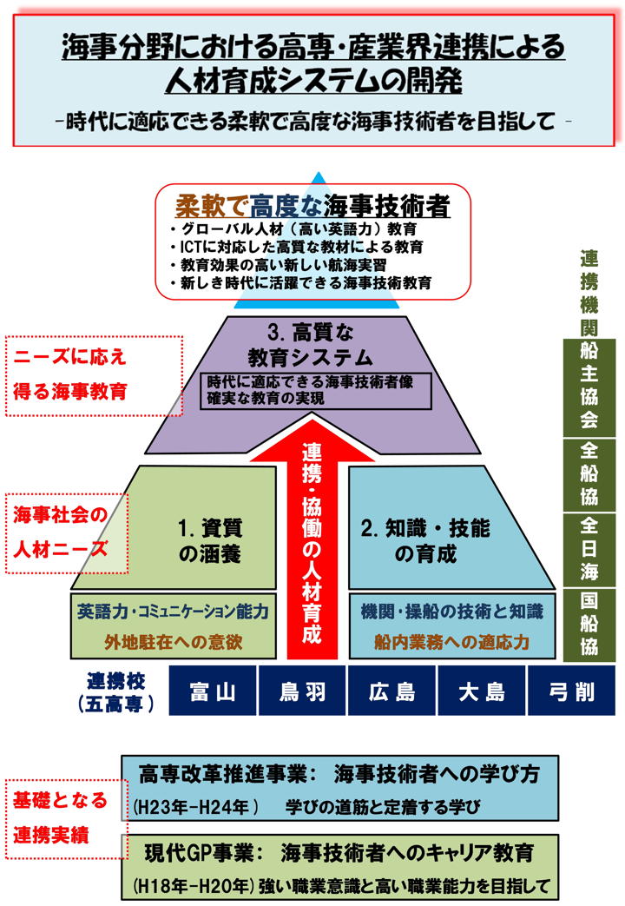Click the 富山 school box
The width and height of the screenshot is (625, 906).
[x=213, y=691]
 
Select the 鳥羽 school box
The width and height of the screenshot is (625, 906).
[x=302, y=691]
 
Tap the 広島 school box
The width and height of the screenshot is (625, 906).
[x=391, y=691]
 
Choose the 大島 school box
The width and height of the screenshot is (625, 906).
[x=482, y=691]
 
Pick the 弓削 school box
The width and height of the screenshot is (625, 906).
[x=572, y=691]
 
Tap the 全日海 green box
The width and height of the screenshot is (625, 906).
[x=589, y=549]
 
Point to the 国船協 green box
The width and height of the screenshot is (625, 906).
[x=589, y=625]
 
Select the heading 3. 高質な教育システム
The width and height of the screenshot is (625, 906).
[x=311, y=346]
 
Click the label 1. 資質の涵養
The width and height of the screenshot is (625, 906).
[x=210, y=541]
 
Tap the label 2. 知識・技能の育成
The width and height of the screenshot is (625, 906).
[x=425, y=541]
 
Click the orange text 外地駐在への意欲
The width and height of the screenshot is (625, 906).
[x=174, y=642]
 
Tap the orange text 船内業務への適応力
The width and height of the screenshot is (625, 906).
[x=451, y=642]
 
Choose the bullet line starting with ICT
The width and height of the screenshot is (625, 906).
[x=297, y=248]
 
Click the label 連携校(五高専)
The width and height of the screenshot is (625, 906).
[x=115, y=692]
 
